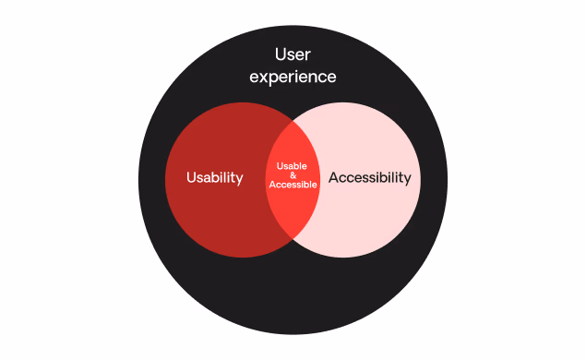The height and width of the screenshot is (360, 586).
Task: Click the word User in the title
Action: (x=293, y=55)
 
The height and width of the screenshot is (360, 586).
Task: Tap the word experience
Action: (x=293, y=78)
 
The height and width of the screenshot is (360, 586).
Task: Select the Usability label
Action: (x=215, y=178)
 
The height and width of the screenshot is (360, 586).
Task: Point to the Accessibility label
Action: (x=369, y=178)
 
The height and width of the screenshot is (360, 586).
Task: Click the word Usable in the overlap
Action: (x=293, y=165)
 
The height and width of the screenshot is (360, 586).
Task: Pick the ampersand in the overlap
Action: (x=293, y=175)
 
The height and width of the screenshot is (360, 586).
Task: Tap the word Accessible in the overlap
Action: (x=293, y=186)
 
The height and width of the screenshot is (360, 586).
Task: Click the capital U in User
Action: (x=278, y=55)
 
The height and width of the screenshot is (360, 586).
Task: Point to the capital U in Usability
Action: (x=191, y=178)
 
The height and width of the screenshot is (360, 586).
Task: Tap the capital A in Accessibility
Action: (x=334, y=178)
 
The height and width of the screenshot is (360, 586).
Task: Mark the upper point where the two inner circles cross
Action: (x=293, y=117)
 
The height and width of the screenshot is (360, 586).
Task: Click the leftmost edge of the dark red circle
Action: (x=165, y=179)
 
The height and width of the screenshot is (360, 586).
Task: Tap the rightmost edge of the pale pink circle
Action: (x=421, y=179)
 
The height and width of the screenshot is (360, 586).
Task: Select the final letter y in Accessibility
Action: (x=406, y=180)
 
